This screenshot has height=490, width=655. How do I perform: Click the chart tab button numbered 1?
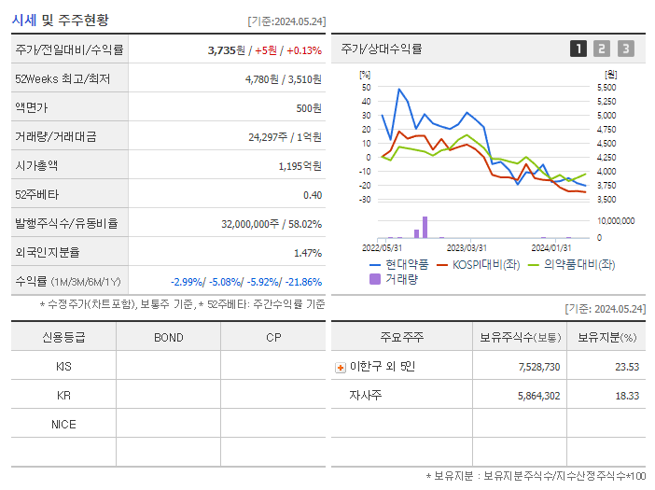click(578, 49)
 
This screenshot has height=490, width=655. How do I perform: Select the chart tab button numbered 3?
click(625, 49)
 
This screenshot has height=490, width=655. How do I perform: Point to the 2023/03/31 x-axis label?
click(467, 247)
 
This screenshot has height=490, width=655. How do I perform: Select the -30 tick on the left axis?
click(364, 200)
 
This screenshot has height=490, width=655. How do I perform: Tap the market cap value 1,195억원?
click(301, 165)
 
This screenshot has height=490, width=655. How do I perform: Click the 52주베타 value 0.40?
click(313, 194)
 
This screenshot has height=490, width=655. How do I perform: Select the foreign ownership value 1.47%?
click(307, 252)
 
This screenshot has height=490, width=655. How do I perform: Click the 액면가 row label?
click(35, 107)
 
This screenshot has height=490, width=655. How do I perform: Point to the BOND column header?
click(168, 337)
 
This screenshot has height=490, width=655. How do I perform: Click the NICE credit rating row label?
click(63, 424)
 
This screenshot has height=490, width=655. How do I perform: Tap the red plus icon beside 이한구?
click(341, 367)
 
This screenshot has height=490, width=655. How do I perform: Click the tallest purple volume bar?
click(425, 227)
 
